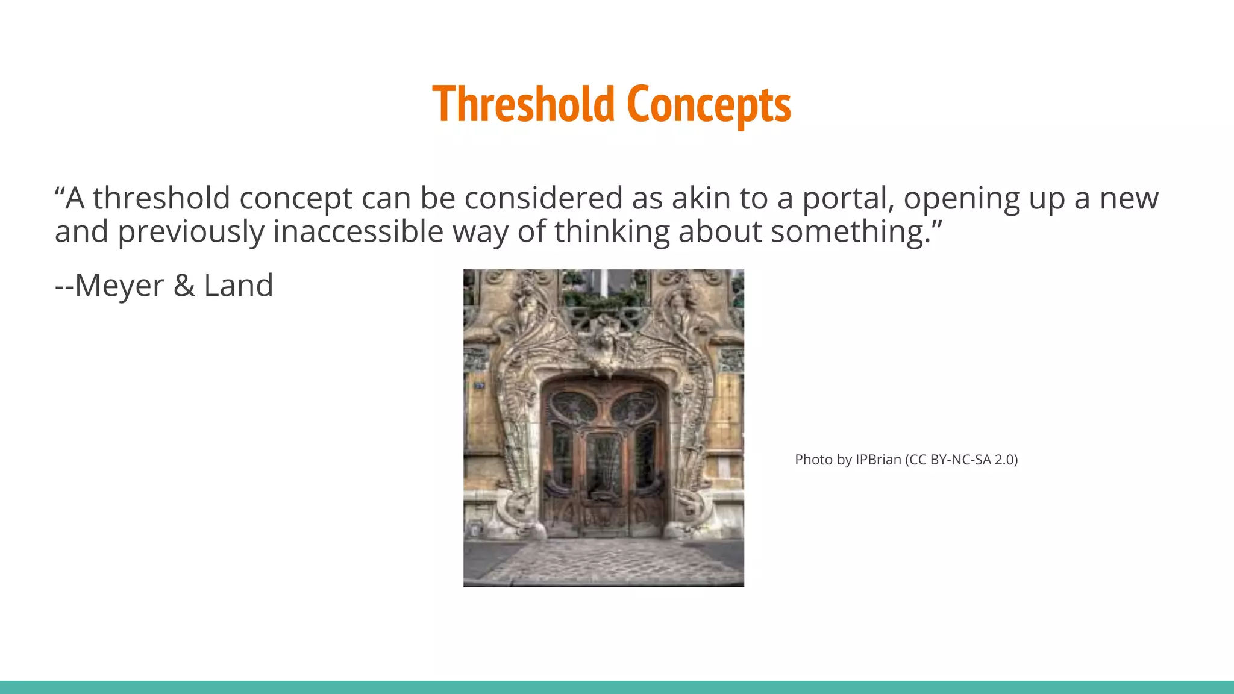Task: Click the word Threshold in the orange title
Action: (522, 104)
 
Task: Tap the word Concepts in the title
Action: (709, 104)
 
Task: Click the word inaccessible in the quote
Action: (358, 232)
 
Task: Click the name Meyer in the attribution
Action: (119, 286)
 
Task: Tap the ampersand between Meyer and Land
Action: (184, 286)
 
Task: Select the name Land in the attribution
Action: (239, 286)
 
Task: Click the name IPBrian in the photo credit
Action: (878, 460)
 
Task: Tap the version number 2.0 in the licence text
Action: (1004, 460)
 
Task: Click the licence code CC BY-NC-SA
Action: (950, 460)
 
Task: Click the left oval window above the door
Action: (573, 408)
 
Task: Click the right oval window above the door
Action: (634, 408)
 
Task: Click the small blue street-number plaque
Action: (479, 385)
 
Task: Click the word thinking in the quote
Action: (612, 232)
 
